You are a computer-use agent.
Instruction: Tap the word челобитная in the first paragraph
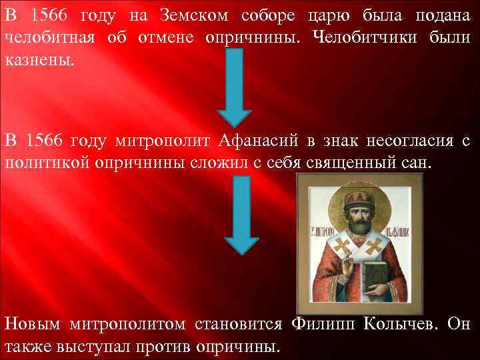coord(47,38)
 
